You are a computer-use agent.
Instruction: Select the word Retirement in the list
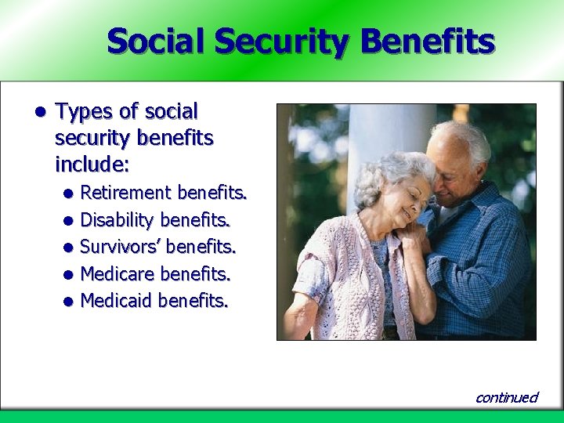(126, 193)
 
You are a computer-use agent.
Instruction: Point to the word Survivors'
(121, 247)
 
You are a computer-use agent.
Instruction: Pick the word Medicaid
(117, 301)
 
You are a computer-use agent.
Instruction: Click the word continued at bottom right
(507, 397)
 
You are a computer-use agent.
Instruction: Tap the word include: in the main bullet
(92, 165)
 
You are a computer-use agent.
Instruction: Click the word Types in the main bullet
(83, 112)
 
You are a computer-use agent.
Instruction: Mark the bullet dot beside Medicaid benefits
(69, 302)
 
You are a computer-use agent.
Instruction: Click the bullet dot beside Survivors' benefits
(69, 248)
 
